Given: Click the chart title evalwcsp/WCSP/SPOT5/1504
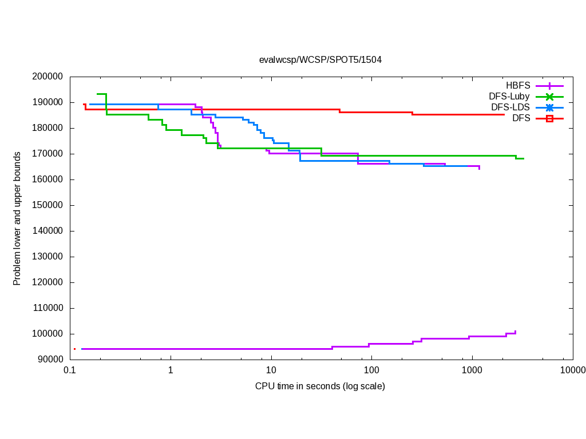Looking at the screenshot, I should point(320,59).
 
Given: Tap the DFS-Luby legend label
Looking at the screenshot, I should point(509,97).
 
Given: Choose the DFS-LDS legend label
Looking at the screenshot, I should point(510,107).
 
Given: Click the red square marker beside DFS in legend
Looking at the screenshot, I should point(549,118).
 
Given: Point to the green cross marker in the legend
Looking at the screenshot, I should point(549,97).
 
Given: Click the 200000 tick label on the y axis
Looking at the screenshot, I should point(47,77).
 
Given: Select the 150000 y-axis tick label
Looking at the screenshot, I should point(47,205).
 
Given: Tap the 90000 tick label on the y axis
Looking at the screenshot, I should point(50,360).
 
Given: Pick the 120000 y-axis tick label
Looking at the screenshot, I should point(47,282).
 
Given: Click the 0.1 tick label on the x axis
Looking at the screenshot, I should point(70,370).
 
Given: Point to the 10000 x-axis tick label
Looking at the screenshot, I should point(572,370).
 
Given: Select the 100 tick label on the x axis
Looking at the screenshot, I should point(371,370).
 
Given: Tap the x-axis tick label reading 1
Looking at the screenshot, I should point(171,370).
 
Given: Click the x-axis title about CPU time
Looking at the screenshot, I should point(320,386).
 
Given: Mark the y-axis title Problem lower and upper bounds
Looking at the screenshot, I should point(17,218).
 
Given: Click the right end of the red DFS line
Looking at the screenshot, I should point(504,114).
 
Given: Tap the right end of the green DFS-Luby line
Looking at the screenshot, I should point(524,158).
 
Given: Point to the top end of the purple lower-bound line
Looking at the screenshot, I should point(516,331).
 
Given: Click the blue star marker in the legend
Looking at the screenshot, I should point(549,107).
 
